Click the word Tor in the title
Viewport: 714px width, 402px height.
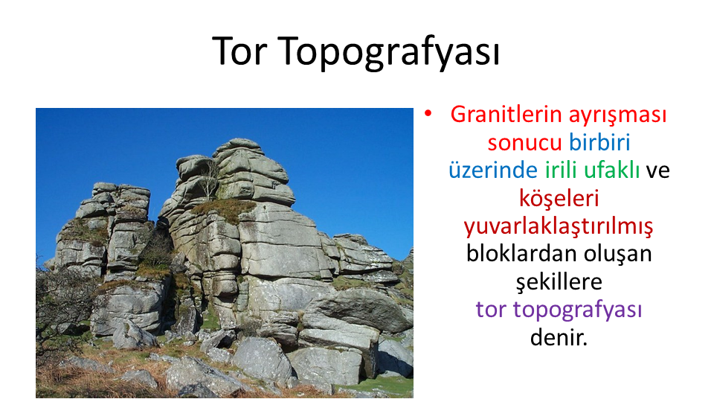click(239, 51)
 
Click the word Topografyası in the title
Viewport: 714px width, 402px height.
click(388, 53)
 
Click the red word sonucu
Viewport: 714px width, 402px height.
click(524, 142)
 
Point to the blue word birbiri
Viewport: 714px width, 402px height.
click(599, 142)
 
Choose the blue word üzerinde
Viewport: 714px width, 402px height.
click(492, 170)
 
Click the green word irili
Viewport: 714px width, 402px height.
click(561, 170)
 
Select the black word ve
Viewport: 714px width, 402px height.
click(658, 171)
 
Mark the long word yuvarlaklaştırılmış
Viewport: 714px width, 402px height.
click(559, 226)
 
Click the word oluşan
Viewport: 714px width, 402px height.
click(618, 255)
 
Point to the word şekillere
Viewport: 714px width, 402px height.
click(559, 282)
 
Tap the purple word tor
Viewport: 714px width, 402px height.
click(491, 310)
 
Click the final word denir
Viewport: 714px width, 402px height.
click(559, 338)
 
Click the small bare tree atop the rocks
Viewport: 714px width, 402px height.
click(208, 180)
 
